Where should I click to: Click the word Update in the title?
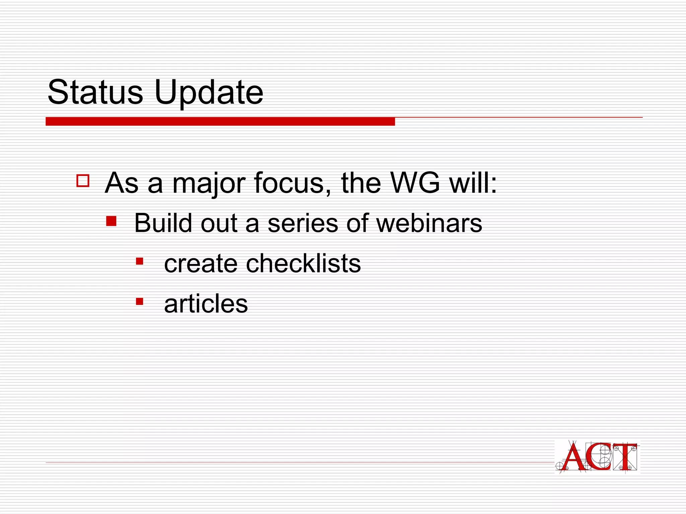(x=209, y=93)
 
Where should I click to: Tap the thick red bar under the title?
(x=220, y=121)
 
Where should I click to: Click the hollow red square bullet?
(x=83, y=181)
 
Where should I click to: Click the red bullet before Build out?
(x=111, y=221)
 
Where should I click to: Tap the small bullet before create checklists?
(x=140, y=261)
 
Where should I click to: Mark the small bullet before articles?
(x=140, y=302)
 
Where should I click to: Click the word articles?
(x=206, y=304)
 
